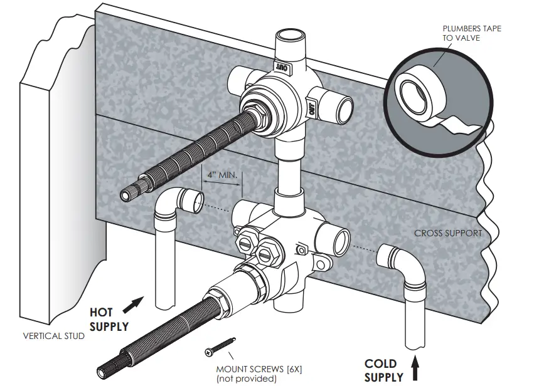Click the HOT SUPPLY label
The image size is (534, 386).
click(109, 319)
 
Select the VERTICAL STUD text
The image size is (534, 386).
click(53, 335)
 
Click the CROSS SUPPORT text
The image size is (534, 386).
click(447, 233)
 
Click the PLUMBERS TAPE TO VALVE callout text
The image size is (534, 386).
click(471, 33)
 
